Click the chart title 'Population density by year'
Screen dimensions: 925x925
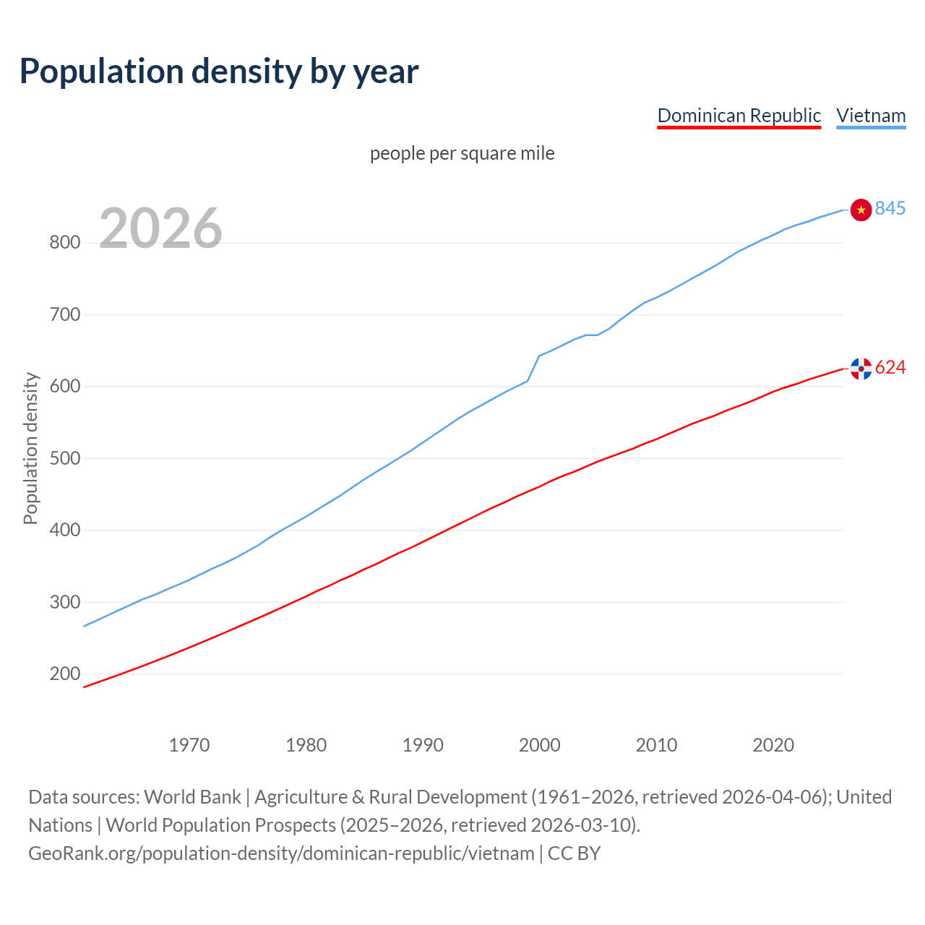point(219,71)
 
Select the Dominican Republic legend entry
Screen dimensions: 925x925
point(739,116)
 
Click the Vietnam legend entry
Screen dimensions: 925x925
point(871,116)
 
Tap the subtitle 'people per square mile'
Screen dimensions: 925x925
point(462,153)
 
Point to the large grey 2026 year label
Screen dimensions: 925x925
point(160,228)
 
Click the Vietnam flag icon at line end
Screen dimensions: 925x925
point(861,210)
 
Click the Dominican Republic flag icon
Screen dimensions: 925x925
point(861,369)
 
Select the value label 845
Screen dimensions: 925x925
point(890,208)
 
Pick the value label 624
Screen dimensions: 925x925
point(890,368)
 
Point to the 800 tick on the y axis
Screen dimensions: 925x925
point(64,243)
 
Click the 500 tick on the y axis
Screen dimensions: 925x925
point(64,459)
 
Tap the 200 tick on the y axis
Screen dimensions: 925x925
point(64,674)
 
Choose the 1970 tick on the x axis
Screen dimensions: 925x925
point(189,745)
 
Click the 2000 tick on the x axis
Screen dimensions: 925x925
point(540,745)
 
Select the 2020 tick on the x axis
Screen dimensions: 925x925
point(773,745)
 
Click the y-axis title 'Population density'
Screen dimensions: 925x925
point(30,448)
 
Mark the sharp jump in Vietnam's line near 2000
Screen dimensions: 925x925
point(533,368)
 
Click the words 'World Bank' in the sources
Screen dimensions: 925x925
point(192,797)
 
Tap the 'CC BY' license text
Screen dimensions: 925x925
point(574,853)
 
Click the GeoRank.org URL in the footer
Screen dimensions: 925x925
point(281,853)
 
